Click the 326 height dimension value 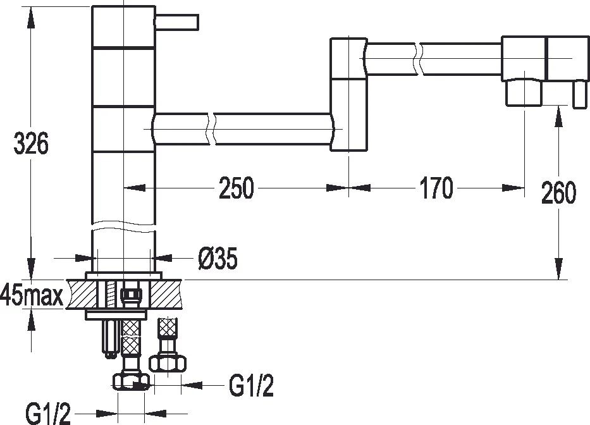coord(31,144)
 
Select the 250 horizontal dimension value coord(236,188)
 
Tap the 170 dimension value coord(436,188)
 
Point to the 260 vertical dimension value coord(558,193)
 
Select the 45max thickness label coord(32,295)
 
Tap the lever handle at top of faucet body coord(177,23)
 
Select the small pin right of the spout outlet coord(577,95)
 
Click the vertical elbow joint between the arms coord(348,95)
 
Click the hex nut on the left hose coord(130,381)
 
